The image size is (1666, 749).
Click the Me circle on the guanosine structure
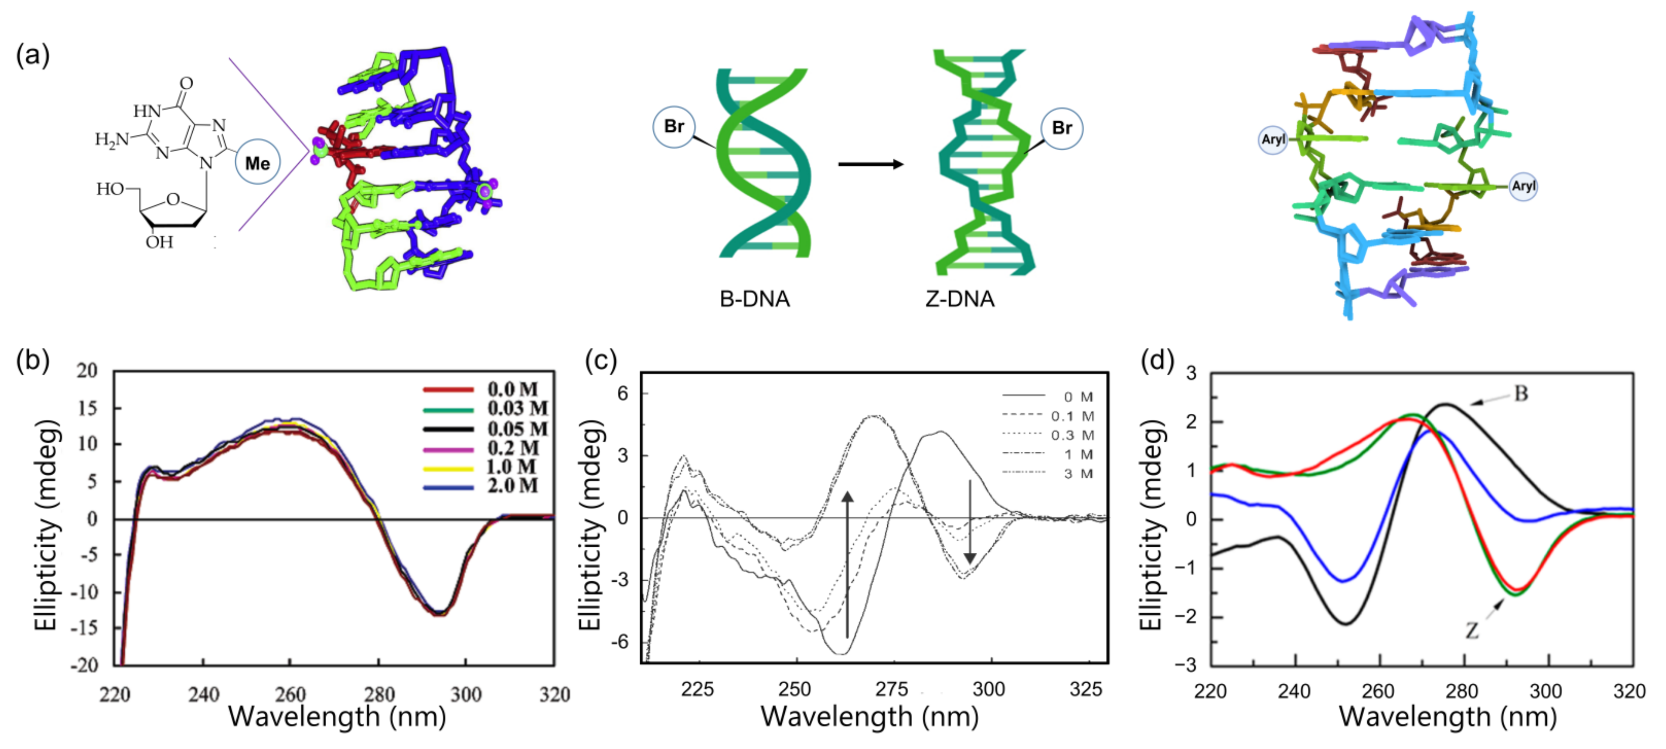point(258,162)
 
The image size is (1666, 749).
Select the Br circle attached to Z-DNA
point(1061,128)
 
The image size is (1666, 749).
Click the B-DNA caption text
point(755,299)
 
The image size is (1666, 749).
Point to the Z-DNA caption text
point(960,299)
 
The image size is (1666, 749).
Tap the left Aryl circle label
point(1273,139)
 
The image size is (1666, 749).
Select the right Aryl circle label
point(1523,186)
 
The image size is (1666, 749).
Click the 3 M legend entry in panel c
point(1078,473)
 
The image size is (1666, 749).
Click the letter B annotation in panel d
point(1521,393)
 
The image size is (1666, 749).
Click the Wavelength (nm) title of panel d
point(1447,717)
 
